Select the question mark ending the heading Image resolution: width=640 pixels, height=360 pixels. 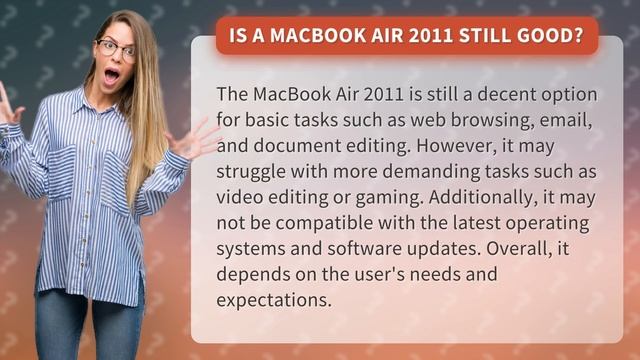pos(578,36)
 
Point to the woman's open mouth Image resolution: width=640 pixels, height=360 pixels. pos(112,73)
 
